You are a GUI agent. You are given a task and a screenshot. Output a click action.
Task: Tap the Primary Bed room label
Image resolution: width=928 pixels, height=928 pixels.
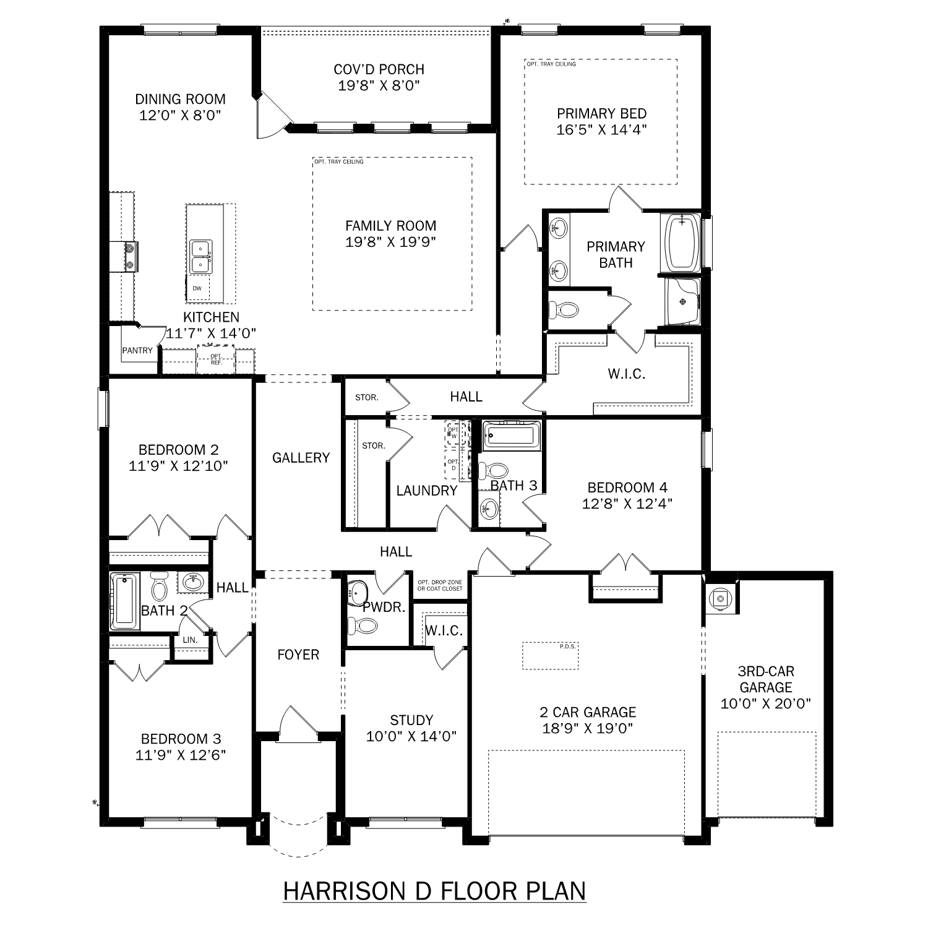point(601,114)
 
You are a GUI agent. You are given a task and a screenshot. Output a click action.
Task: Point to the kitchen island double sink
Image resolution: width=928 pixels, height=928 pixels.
point(200,257)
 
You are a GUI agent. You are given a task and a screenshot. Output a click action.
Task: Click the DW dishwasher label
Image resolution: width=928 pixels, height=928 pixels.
point(197,288)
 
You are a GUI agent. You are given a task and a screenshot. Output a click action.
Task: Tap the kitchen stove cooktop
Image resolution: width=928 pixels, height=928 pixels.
point(131,257)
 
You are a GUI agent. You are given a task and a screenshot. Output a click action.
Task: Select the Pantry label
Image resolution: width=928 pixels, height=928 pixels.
point(137,351)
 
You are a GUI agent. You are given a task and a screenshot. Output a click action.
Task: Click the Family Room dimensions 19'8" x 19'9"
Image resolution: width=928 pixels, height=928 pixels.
point(390,242)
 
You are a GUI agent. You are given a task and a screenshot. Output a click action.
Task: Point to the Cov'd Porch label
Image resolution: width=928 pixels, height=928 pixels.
point(379,69)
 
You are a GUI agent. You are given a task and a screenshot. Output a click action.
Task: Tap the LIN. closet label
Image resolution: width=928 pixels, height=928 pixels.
point(190,640)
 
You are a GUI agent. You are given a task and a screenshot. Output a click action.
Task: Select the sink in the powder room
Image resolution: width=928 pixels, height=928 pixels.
point(358,591)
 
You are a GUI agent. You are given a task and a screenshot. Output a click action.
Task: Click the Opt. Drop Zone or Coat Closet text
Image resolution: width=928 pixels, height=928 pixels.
point(440,585)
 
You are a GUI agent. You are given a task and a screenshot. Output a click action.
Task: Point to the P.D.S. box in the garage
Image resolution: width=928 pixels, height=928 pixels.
point(550,656)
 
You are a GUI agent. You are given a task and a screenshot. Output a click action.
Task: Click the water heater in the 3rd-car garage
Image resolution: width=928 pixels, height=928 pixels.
point(720,598)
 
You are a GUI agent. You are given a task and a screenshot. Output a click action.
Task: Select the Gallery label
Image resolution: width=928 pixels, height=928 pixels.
point(301,458)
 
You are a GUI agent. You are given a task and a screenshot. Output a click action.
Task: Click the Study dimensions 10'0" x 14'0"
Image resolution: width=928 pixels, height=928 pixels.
point(411,736)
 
